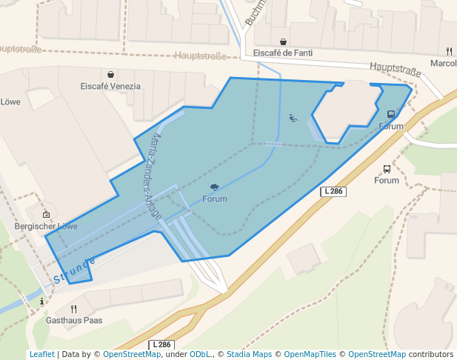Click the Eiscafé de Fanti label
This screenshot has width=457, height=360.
(x=283, y=53)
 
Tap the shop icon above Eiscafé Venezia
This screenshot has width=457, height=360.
(x=110, y=74)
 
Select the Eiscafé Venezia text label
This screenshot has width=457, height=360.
(x=110, y=86)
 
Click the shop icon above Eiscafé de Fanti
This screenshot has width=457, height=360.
(x=283, y=41)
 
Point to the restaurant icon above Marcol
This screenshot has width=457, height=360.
(x=449, y=51)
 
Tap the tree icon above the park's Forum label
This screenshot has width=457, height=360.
(x=215, y=187)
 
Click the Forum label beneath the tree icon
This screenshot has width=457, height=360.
(x=215, y=199)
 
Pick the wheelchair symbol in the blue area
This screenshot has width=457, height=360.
(x=293, y=118)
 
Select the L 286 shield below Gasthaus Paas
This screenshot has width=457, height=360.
(x=162, y=345)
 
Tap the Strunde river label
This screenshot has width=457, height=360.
(x=74, y=271)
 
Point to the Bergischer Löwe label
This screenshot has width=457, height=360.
(x=46, y=226)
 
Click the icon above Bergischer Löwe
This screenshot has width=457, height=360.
(x=46, y=214)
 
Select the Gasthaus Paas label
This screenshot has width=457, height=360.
(x=74, y=321)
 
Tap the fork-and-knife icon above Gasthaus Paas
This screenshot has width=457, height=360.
(x=73, y=309)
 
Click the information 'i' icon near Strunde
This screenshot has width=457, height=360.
(x=42, y=301)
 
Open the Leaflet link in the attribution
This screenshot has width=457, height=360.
(x=41, y=354)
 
